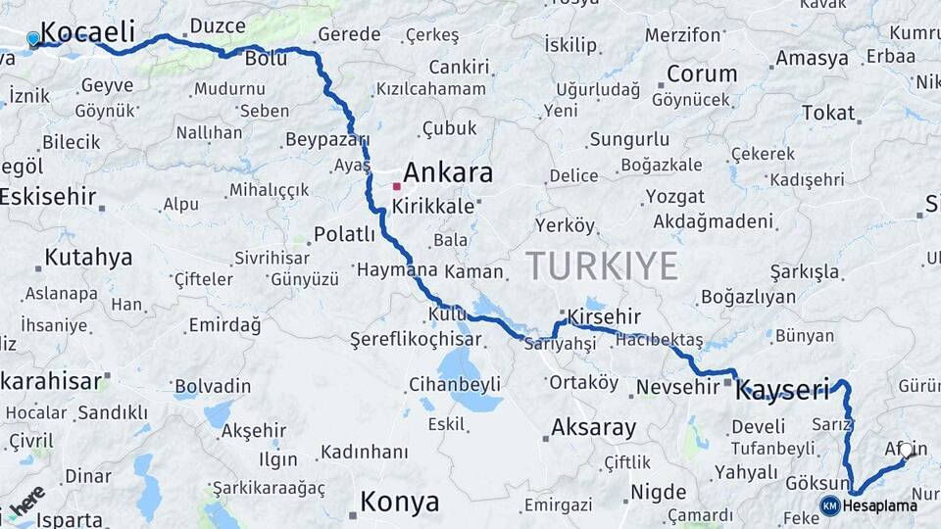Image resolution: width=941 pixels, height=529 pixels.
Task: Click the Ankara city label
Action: tap(448, 173)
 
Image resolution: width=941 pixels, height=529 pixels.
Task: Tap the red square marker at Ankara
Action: tap(397, 185)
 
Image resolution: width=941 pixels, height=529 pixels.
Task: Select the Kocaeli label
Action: tap(88, 32)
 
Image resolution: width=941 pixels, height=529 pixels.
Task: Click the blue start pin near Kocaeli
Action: tap(33, 38)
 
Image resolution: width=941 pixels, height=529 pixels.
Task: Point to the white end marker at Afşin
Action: tap(906, 451)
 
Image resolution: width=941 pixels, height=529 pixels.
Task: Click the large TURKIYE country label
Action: tap(602, 265)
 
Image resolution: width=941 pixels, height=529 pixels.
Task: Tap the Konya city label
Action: tap(399, 503)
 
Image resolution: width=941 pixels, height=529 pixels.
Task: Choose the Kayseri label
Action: tap(783, 389)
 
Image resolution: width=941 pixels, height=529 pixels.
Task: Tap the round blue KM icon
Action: tap(829, 505)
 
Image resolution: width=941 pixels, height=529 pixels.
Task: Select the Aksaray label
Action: tap(593, 427)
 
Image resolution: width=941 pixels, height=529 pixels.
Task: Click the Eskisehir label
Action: tap(49, 196)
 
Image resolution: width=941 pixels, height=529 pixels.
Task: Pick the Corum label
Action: tap(702, 73)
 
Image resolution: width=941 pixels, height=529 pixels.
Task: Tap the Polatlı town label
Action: tap(344, 234)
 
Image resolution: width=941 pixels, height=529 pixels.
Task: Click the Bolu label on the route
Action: tap(265, 60)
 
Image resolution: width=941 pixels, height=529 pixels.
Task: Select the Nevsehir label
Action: tap(677, 387)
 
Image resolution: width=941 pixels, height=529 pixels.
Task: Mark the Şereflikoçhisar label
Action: tap(416, 340)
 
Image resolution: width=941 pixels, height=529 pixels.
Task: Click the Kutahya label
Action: tap(87, 258)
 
